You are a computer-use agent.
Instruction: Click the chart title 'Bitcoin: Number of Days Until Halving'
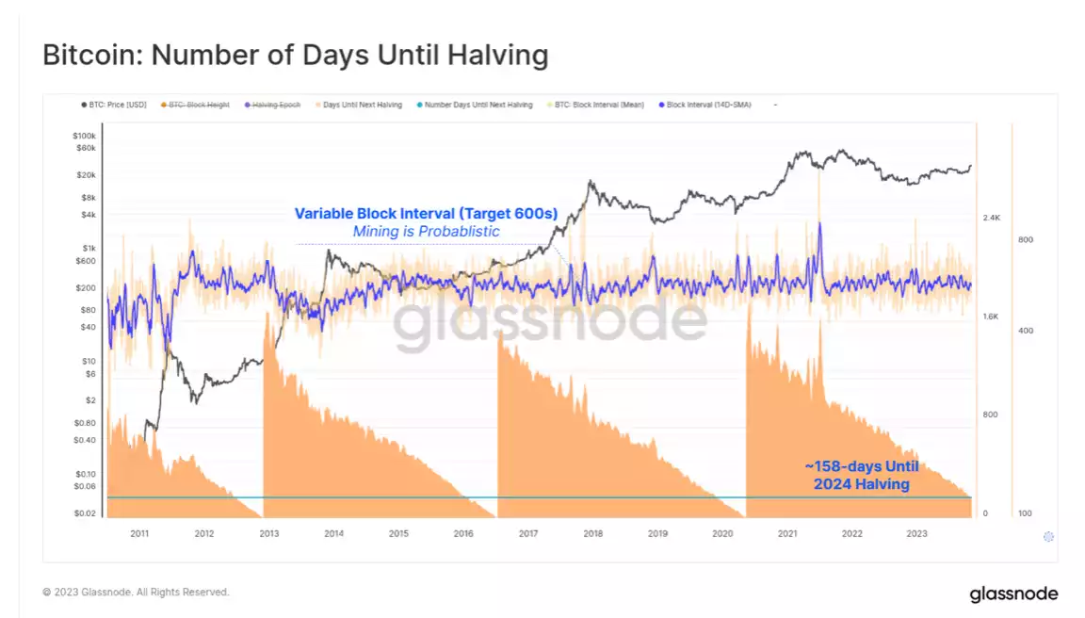[x=295, y=55]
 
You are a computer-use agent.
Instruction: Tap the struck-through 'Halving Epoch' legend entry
[x=275, y=105]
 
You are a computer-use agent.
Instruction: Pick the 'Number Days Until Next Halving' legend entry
[x=478, y=105]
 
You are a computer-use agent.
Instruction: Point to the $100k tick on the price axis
[x=85, y=137]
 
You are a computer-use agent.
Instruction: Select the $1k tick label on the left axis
[x=90, y=248]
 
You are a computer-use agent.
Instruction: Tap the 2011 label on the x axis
[x=139, y=533]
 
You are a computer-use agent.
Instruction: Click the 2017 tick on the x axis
[x=528, y=533]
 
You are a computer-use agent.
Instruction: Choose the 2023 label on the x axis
[x=916, y=533]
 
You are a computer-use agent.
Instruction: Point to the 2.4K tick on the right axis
[x=990, y=218]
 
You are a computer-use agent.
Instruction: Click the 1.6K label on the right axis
[x=990, y=317]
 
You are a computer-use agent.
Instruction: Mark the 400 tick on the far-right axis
[x=1025, y=331]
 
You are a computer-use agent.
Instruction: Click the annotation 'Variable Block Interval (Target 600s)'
[x=426, y=214]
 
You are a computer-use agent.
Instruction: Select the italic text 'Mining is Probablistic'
[x=426, y=232]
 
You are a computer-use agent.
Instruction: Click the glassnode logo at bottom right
[x=1012, y=594]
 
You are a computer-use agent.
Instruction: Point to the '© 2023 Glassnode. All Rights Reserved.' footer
[x=136, y=593]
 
